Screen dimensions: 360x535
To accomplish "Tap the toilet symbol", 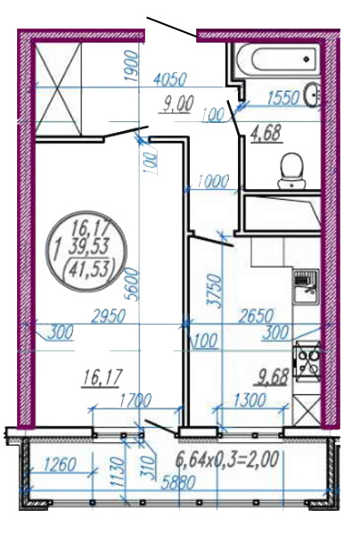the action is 291,170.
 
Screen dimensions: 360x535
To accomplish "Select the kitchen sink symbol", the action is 306,287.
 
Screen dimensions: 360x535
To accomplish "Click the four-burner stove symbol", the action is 307,361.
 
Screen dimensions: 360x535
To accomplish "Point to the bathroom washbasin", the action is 313,95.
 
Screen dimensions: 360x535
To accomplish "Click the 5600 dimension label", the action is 132,284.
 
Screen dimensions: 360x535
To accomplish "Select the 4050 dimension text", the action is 170,80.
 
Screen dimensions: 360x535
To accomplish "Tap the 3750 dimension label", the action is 217,291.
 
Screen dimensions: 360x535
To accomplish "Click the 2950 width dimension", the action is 110,316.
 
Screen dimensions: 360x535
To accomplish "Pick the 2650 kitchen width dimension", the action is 256,316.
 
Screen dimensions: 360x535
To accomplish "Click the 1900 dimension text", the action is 132,65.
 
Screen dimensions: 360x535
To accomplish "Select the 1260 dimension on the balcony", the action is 60,465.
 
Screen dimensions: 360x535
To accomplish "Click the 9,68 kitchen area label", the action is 271,377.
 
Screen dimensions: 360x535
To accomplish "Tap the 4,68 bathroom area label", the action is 266,133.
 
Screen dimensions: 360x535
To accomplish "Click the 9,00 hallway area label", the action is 177,103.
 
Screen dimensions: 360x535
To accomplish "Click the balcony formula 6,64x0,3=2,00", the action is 227,459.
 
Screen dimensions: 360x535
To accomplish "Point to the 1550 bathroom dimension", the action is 282,98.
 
